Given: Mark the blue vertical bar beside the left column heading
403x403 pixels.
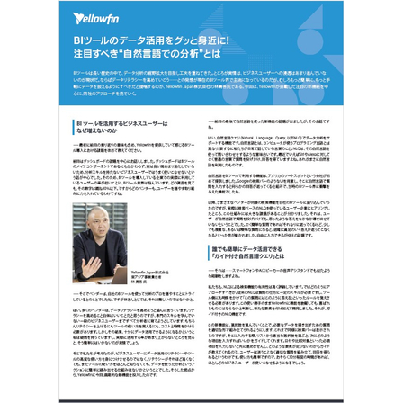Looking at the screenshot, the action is pos(74,126).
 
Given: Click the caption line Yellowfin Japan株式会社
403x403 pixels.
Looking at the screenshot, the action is pos(149,271).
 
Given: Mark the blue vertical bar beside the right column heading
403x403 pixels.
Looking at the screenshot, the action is pos(209,253).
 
